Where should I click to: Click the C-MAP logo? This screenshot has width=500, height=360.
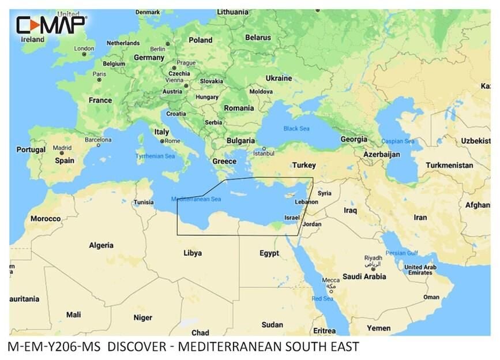[51, 25]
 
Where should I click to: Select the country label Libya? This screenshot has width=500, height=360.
[192, 253]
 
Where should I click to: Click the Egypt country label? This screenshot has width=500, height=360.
[269, 253]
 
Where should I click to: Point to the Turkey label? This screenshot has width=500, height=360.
[303, 165]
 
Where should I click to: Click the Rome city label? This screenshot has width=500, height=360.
[173, 141]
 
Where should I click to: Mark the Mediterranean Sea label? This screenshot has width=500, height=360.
[196, 200]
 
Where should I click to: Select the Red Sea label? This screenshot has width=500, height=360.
[322, 299]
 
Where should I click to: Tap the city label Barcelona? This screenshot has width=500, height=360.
[98, 140]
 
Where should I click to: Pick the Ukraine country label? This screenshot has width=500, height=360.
[278, 78]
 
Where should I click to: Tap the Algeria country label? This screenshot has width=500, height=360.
[101, 245]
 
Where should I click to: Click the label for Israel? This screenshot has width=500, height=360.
[292, 217]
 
